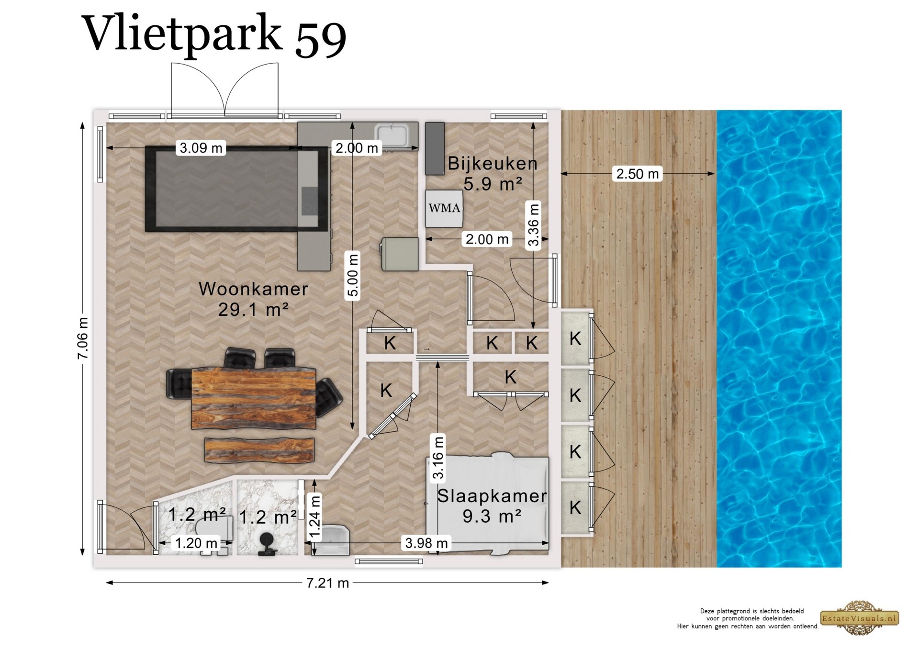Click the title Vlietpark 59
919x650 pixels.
[x=214, y=34]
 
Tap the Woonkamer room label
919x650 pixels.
[x=253, y=289]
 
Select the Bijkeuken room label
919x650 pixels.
[x=492, y=164]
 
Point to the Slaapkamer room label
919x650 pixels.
[x=492, y=496]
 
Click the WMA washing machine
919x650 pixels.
[x=444, y=208]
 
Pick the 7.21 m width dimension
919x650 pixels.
[x=327, y=583]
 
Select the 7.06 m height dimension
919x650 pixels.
[x=83, y=338]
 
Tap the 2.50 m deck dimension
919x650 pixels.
[x=638, y=173]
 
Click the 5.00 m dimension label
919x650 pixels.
[x=353, y=275]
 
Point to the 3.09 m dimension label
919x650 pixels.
[x=201, y=148]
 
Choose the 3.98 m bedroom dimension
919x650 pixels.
[x=426, y=543]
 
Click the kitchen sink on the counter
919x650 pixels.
[x=391, y=135]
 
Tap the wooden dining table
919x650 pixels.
[x=254, y=398]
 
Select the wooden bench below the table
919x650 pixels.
[x=259, y=450]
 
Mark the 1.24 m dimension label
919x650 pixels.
[x=315, y=518]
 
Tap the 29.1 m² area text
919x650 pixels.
[x=253, y=310]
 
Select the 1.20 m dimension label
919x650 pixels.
[x=196, y=543]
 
